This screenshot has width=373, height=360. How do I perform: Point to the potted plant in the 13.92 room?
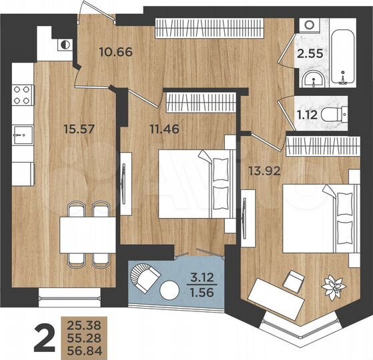[x=332, y=285]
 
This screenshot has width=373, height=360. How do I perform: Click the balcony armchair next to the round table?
[x=145, y=275]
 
